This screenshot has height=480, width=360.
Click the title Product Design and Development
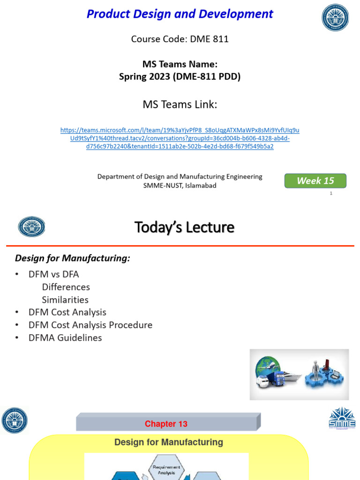tap(180, 14)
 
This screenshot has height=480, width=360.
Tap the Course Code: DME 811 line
tap(180, 39)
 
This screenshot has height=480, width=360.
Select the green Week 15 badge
tap(315, 181)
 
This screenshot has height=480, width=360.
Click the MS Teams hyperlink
tap(180, 138)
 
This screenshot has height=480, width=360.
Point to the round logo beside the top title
tap(335, 18)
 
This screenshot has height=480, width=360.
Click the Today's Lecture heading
tap(184, 227)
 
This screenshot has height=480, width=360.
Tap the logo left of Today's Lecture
tap(31, 227)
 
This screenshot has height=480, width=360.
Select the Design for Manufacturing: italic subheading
tap(73, 258)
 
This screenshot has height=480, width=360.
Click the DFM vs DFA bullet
tap(53, 274)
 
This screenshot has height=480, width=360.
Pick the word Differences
tap(66, 287)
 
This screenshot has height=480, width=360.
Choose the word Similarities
tap(65, 300)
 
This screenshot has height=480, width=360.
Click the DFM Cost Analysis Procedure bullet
tap(90, 325)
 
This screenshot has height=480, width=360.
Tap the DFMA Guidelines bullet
tap(65, 337)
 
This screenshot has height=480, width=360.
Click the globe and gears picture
tap(299, 374)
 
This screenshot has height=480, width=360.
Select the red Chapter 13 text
tap(166, 424)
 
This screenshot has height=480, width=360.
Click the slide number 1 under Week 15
tap(331, 193)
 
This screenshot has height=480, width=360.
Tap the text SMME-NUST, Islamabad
tap(180, 185)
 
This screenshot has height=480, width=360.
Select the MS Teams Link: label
tap(180, 105)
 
